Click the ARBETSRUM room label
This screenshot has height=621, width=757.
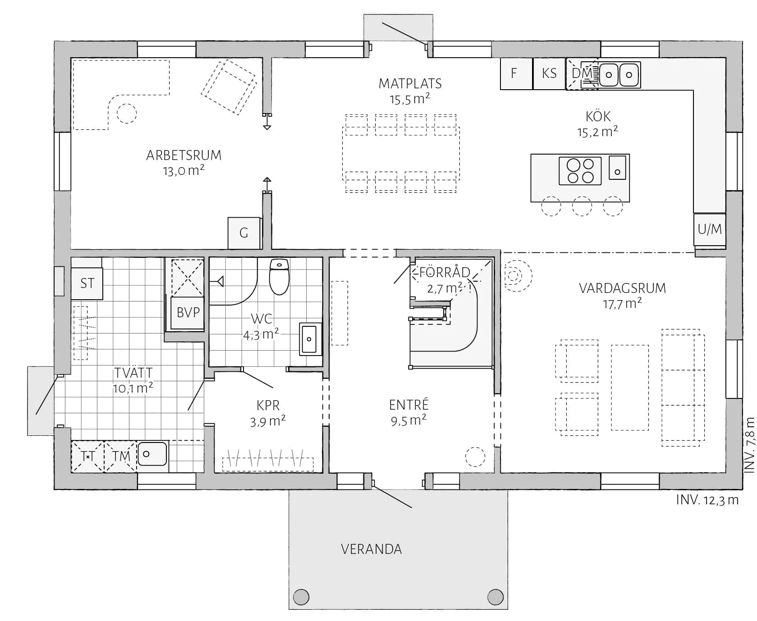(x=184, y=155)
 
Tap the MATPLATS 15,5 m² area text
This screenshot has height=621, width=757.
(x=410, y=99)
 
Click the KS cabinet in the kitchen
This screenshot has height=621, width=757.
(x=549, y=73)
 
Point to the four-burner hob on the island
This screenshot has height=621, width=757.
(x=580, y=171)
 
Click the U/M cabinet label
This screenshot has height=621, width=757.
(x=710, y=229)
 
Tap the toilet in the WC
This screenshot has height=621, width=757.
(x=279, y=276)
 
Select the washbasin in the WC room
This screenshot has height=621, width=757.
(x=311, y=338)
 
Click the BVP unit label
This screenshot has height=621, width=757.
(x=188, y=312)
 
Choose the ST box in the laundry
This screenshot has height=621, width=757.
(x=87, y=283)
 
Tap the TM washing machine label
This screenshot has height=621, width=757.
(x=121, y=456)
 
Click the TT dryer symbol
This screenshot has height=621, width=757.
(x=87, y=457)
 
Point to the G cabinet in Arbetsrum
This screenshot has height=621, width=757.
(x=244, y=233)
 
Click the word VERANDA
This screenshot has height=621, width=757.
(x=371, y=549)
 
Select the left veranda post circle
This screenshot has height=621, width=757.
(x=301, y=597)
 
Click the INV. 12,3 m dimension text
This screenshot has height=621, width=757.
(x=707, y=500)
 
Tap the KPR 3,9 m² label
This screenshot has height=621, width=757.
(x=268, y=413)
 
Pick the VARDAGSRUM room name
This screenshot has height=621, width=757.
(x=622, y=288)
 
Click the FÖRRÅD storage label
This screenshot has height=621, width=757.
(x=445, y=272)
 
